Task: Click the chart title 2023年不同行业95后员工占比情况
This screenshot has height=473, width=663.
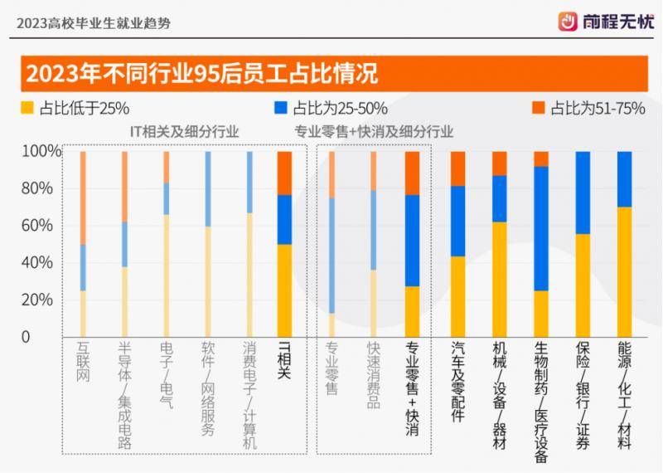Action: [x=202, y=74]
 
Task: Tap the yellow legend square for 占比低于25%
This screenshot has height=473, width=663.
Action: [x=27, y=108]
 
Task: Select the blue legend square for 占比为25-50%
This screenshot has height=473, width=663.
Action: [x=281, y=108]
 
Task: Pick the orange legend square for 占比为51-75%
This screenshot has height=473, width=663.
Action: [x=538, y=108]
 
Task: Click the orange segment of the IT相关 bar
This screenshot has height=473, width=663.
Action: [x=284, y=173]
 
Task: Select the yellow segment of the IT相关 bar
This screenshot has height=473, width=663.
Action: [x=284, y=290]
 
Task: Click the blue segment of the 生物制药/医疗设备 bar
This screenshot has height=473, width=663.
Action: [x=541, y=228]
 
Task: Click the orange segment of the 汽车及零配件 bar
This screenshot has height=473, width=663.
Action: [x=457, y=168]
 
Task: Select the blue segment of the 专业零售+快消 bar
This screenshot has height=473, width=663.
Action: [x=412, y=241]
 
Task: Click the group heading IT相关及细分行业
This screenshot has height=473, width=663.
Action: [x=184, y=132]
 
